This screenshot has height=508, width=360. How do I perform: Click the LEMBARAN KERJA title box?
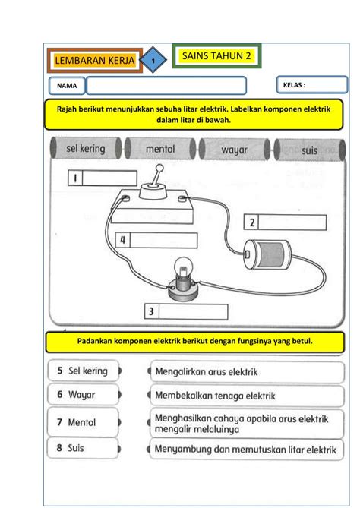click(95, 60)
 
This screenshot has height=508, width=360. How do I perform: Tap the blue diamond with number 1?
click(153, 60)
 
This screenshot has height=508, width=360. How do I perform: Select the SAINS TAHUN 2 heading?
click(216, 55)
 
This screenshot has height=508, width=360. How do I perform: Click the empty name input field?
click(166, 86)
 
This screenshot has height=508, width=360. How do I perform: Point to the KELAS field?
click(311, 85)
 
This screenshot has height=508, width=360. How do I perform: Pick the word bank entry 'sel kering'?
click(86, 148)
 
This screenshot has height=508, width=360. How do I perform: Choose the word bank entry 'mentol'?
click(160, 149)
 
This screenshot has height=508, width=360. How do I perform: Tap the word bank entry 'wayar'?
click(234, 150)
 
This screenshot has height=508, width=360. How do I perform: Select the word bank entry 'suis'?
click(309, 150)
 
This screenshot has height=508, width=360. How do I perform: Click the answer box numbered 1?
click(103, 178)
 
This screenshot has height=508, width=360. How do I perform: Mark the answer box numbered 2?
click(285, 222)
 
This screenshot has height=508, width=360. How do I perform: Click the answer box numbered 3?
click(186, 311)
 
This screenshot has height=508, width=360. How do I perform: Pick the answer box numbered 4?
click(156, 241)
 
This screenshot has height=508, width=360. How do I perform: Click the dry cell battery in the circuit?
click(267, 254)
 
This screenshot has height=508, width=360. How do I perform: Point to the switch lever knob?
click(159, 168)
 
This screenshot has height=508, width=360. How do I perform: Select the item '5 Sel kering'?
click(83, 371)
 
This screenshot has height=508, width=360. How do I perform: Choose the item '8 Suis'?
click(83, 448)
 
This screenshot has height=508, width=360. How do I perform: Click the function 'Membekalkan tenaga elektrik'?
click(247, 396)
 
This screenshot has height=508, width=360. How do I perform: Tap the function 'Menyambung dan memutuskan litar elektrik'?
click(247, 450)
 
